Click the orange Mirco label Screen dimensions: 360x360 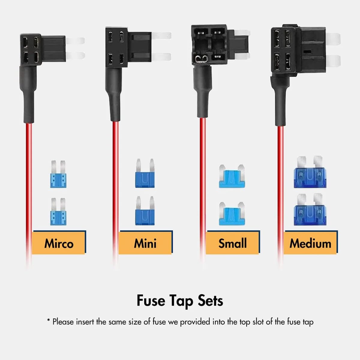tap(59, 243)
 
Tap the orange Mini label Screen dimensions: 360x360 tap(145, 243)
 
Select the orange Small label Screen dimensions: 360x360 tap(232, 243)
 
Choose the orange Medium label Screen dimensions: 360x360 tap(310, 243)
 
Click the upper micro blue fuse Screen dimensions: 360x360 tap(58, 175)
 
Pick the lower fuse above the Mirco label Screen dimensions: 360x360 tap(58, 212)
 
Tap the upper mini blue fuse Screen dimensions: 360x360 tap(145, 174)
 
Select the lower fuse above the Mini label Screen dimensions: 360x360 tap(145, 211)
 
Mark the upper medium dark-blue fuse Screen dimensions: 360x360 tap(310, 172)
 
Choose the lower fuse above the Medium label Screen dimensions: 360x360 tap(310, 210)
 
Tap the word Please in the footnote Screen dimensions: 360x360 tap(63, 322)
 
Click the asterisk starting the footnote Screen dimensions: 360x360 tap(48, 321)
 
